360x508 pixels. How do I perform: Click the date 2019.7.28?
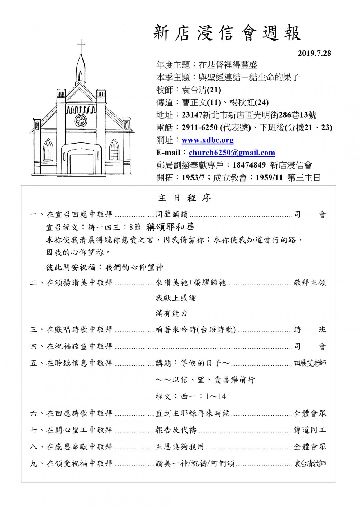click(314, 53)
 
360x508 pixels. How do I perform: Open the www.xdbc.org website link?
click(207, 140)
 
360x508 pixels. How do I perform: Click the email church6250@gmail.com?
click(232, 153)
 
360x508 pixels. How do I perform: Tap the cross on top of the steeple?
click(81, 46)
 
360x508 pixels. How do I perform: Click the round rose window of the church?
click(81, 120)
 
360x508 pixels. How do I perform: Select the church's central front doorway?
click(81, 160)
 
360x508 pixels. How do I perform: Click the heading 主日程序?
click(185, 198)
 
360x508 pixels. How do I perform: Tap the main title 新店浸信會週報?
click(227, 33)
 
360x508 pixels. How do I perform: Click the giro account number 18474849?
click(249, 165)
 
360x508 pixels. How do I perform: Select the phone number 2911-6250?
click(199, 127)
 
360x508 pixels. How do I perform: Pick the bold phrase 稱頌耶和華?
click(170, 227)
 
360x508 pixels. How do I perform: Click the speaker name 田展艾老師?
click(310, 363)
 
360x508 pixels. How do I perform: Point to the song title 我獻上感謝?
click(176, 298)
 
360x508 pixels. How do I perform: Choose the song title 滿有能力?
click(171, 313)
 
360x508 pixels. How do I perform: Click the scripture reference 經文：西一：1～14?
click(191, 396)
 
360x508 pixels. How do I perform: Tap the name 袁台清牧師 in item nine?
click(310, 463)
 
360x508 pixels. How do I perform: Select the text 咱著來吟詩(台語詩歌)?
click(195, 330)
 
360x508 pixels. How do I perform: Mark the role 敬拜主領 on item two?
click(310, 282)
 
